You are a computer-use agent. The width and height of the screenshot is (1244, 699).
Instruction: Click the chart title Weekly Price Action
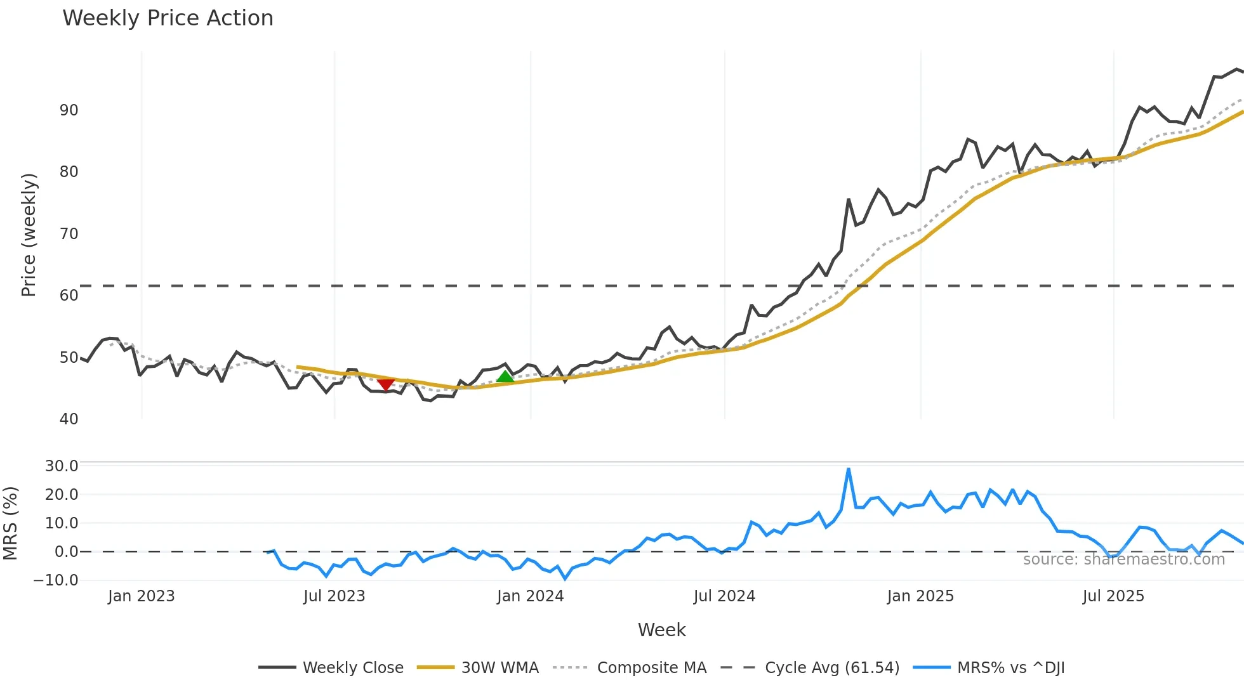tap(168, 18)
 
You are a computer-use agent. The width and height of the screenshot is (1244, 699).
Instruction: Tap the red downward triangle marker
tap(386, 384)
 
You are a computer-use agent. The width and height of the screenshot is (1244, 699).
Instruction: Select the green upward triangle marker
tap(505, 377)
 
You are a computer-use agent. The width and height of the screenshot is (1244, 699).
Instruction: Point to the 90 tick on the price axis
tap(69, 110)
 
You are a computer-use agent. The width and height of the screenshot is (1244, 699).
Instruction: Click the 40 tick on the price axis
tap(69, 419)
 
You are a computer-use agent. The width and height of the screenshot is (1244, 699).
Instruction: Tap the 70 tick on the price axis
tap(69, 234)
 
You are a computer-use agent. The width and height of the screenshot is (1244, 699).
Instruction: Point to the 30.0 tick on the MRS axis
tap(62, 466)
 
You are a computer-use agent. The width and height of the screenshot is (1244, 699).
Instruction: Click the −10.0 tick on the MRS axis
tap(56, 580)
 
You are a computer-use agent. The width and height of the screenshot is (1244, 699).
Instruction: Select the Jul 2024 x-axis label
tap(724, 596)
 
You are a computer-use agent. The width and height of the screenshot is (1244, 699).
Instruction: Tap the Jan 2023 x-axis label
tap(141, 596)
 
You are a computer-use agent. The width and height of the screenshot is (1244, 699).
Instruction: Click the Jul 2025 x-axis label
tap(1113, 596)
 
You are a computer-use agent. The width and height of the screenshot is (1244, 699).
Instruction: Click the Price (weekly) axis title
tap(29, 235)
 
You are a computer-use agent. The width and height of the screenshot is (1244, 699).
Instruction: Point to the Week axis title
tap(661, 630)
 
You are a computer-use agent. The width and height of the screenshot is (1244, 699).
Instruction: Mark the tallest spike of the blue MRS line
tap(849, 469)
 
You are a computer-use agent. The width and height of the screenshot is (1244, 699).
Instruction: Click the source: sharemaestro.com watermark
tap(1123, 559)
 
